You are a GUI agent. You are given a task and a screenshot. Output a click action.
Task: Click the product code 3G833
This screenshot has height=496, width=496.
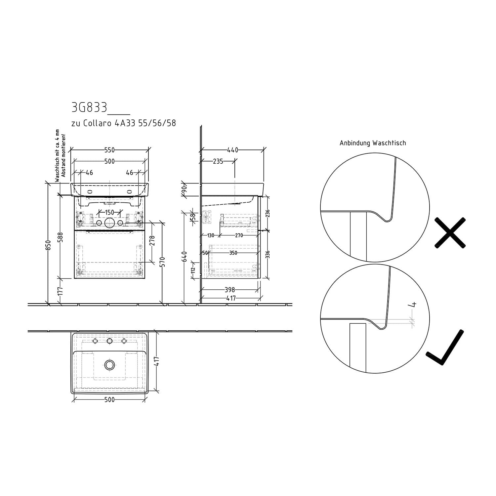(x=89, y=107)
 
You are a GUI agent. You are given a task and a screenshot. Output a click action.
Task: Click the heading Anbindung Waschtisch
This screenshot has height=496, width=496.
(x=373, y=143)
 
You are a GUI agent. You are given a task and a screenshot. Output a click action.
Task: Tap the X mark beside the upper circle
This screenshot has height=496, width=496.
(x=450, y=232)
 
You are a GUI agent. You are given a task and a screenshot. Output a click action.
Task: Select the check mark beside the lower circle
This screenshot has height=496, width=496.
(x=445, y=347)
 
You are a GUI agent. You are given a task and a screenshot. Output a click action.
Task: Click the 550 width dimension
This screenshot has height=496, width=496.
(x=109, y=150)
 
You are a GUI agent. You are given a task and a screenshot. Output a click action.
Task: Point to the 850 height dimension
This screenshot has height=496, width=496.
(x=48, y=245)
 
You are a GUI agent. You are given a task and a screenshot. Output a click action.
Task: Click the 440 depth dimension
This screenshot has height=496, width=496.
(x=232, y=150)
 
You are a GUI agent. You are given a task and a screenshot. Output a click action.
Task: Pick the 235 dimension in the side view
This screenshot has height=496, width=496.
(x=218, y=161)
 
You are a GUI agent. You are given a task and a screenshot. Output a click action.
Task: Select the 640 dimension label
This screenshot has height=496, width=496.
(x=185, y=256)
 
